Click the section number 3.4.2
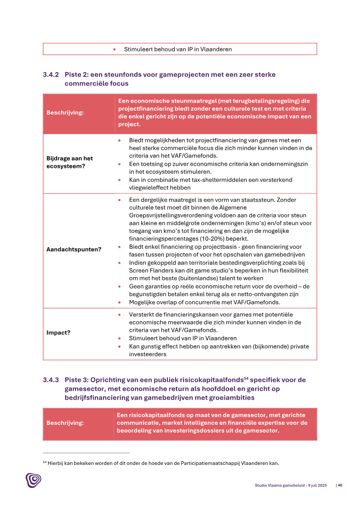tap(50, 75)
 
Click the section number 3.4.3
tap(50, 380)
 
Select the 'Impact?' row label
tap(58, 333)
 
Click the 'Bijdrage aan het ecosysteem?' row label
tap(70, 162)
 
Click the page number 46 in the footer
tap(340, 485)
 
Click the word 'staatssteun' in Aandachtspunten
tap(268, 200)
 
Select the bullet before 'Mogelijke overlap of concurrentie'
tap(119, 302)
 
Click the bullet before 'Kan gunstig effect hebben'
tap(119, 347)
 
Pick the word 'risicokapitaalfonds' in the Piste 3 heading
tap(208, 380)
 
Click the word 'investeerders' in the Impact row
tap(148, 354)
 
